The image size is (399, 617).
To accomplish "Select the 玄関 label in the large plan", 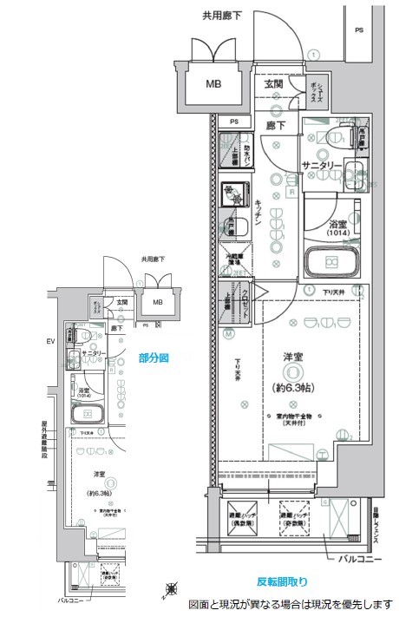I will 273,84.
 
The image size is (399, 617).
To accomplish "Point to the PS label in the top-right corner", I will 358,31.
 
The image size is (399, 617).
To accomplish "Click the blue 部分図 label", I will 154,358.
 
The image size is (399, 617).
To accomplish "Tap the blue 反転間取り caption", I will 281,581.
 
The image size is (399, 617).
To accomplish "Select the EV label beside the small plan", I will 50,340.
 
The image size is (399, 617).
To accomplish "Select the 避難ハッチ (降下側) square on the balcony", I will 241,520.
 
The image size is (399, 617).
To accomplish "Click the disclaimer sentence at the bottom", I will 291,604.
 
